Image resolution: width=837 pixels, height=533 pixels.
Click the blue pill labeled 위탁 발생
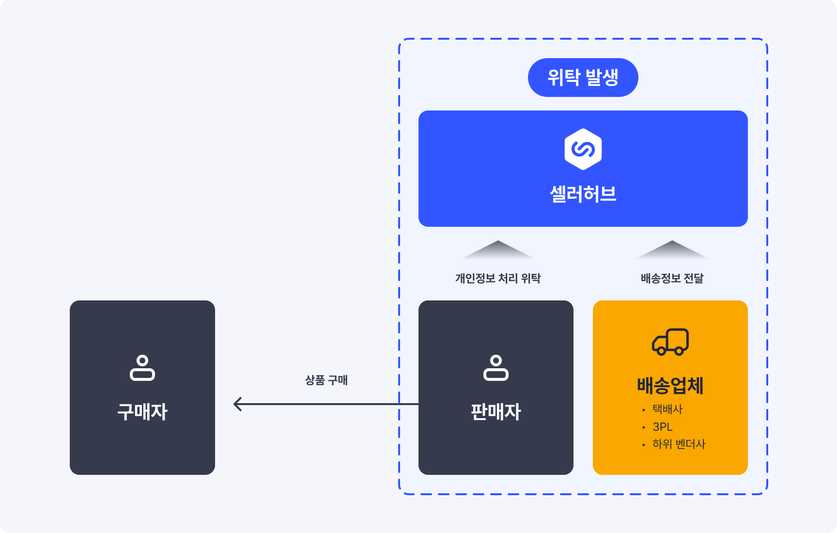pos(583,78)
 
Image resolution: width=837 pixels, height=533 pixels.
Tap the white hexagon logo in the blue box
pos(583,149)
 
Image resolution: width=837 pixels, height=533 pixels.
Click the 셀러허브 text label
pos(583,194)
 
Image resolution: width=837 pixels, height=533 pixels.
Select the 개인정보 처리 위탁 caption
pos(497,278)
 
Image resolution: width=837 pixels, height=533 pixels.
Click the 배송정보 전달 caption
pos(672,278)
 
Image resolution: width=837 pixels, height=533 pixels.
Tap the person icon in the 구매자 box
pos(142,368)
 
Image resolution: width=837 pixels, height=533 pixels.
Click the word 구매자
pos(142,412)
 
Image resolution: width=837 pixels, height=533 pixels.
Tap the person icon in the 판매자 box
pos(496,368)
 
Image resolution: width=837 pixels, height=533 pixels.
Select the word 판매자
pos(496,412)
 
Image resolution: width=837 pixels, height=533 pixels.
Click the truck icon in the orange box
pos(670,342)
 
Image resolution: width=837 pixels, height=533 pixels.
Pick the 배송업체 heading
pos(670,386)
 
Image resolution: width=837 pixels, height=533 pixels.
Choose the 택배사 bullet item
pos(667,409)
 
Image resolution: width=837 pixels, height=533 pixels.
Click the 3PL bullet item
pos(663,427)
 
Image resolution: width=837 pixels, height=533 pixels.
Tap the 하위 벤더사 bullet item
pos(679,444)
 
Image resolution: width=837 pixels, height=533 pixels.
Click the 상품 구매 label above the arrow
pos(326,380)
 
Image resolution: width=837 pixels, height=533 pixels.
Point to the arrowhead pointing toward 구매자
pos(237,404)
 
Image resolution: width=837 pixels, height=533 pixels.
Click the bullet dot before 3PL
pos(644,427)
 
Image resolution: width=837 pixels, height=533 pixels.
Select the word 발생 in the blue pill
pos(602,78)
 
